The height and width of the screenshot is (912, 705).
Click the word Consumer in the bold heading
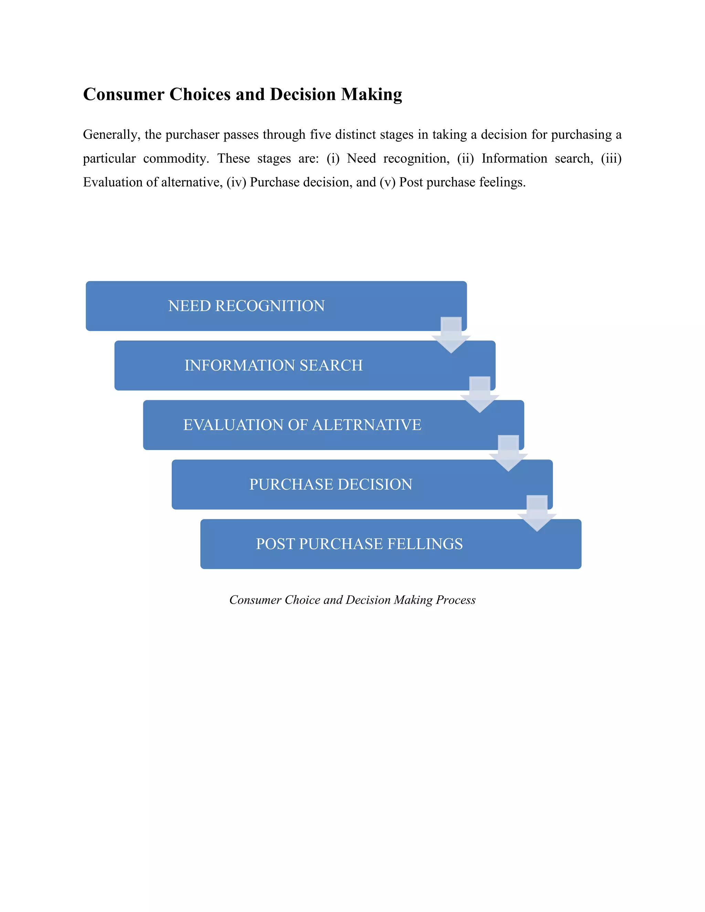[x=124, y=94]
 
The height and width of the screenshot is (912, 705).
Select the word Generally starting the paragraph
[x=110, y=135]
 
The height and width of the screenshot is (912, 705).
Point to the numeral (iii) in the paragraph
[x=611, y=159]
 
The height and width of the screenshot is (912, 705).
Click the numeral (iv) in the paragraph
[x=236, y=182]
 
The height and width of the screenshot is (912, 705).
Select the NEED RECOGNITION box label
[x=246, y=306]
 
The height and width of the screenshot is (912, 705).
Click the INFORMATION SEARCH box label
[x=274, y=365]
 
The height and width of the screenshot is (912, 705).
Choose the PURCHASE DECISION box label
[x=330, y=485]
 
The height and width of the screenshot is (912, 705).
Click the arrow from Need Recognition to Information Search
[x=451, y=335]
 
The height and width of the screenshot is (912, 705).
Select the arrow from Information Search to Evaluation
[x=480, y=395]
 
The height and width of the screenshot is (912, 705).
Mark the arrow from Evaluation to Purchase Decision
[x=508, y=454]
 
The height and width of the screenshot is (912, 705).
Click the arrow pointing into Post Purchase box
[x=537, y=513]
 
